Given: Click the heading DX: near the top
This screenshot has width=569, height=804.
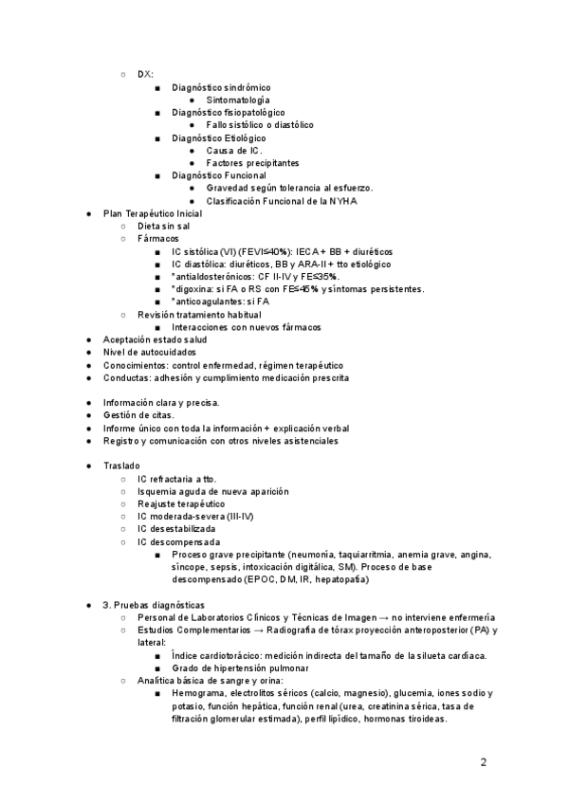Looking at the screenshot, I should pos(145,74).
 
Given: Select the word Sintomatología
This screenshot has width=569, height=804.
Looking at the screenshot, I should pos(237,100).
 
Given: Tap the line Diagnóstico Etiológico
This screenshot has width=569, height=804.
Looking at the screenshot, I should pos(219,137).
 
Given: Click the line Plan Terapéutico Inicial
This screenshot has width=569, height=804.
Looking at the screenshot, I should pos(153,213).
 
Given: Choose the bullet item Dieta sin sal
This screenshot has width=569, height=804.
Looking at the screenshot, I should pos(163,227).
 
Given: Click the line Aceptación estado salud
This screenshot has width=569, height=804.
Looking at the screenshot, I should pos(155,339).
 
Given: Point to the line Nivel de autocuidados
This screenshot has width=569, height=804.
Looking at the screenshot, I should pos(149,352).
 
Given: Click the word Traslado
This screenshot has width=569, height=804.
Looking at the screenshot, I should pos(121,466).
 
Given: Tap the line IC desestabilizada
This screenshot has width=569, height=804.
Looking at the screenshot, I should pos(176,528).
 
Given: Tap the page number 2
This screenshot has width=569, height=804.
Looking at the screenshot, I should pos(483,761).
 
